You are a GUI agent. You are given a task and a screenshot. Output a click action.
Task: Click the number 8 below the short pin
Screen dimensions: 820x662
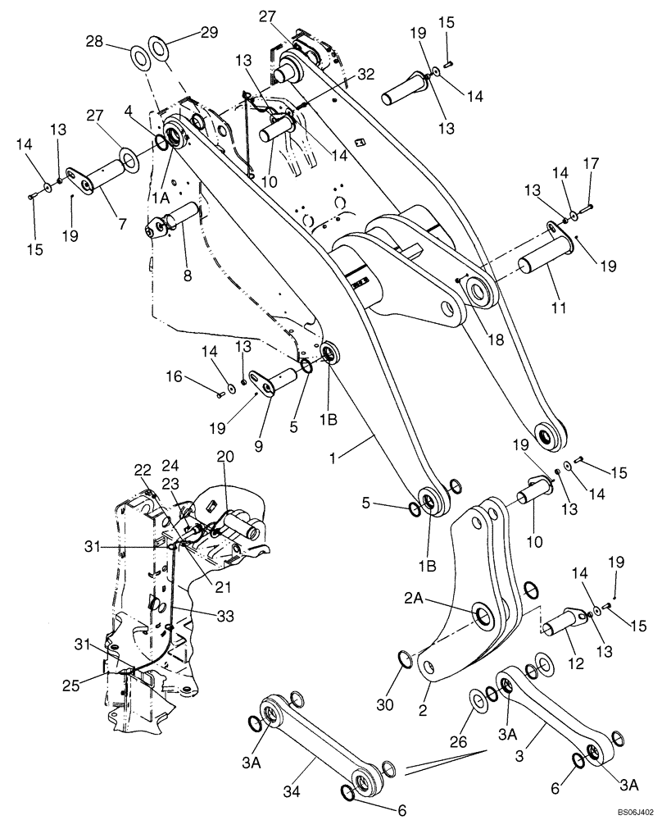click(x=187, y=277)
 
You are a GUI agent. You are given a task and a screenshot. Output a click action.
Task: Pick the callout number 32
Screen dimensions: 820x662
click(x=366, y=74)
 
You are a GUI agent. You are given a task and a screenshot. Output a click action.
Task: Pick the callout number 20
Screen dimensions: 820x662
click(x=224, y=455)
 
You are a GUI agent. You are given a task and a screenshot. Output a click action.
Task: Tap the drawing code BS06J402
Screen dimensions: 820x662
click(x=635, y=809)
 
